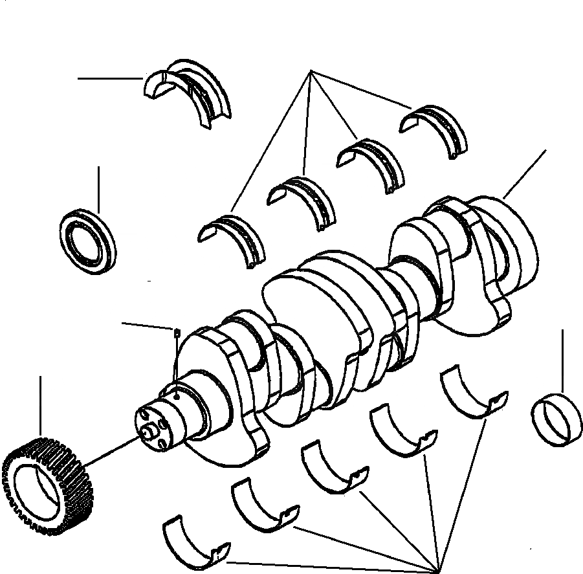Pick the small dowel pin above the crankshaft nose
(x=175, y=333)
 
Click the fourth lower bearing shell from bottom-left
(x=404, y=430)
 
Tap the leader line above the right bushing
(x=562, y=359)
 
